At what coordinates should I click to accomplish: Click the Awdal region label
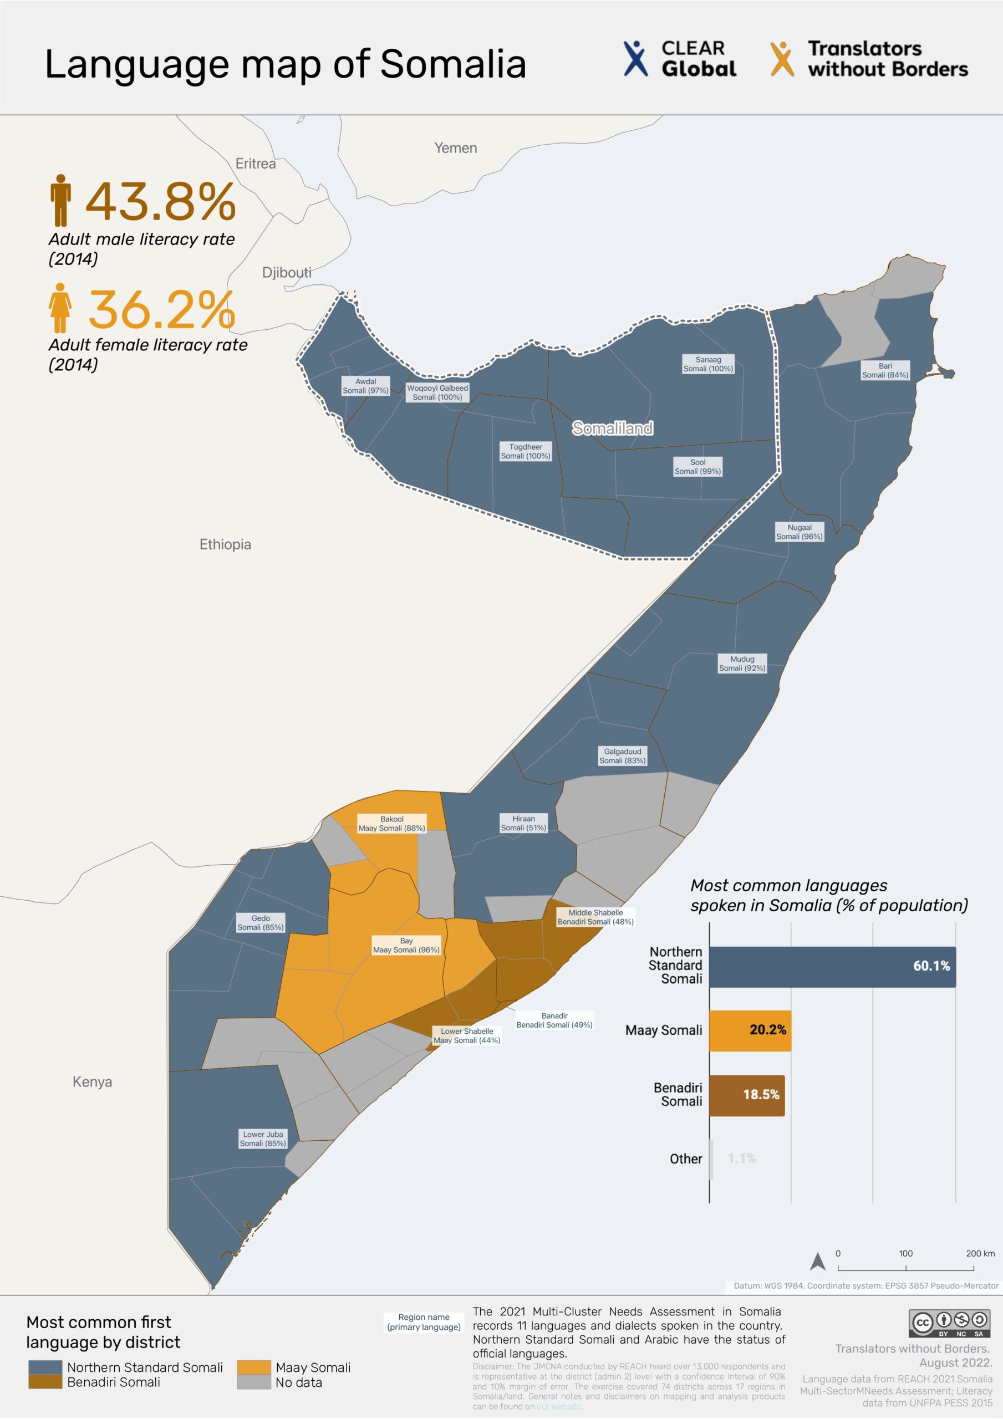click(x=365, y=386)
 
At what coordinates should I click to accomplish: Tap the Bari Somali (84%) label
click(x=885, y=370)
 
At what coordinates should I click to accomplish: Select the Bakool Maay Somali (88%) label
click(x=391, y=823)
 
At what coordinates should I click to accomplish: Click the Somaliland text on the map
click(x=612, y=428)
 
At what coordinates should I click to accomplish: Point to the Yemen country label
click(x=455, y=147)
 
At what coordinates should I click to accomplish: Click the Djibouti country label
click(x=286, y=272)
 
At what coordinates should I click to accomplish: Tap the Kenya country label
click(x=92, y=1081)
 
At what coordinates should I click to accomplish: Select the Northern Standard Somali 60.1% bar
click(x=832, y=967)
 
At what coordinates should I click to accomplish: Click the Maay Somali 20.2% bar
click(x=750, y=1030)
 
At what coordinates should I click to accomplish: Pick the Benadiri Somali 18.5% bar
click(x=746, y=1094)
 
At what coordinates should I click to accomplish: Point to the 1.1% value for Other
click(x=741, y=1158)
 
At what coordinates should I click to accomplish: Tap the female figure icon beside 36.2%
click(x=60, y=308)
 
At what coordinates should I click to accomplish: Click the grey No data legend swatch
click(x=253, y=1382)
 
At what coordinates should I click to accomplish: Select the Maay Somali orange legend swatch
click(x=253, y=1366)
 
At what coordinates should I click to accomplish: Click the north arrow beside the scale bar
click(x=817, y=1261)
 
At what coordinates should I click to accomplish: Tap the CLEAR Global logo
click(x=679, y=59)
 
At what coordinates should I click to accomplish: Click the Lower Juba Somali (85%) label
click(x=262, y=1139)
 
